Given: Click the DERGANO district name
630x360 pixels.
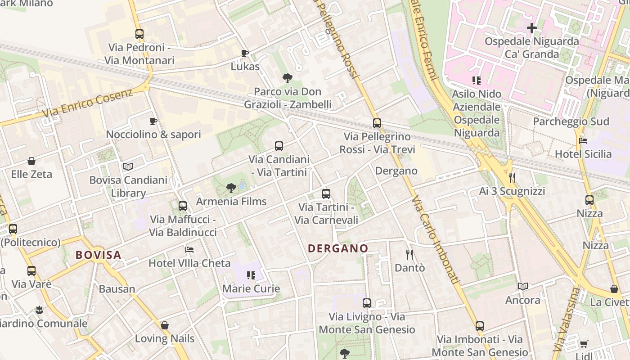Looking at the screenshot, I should click(x=338, y=248).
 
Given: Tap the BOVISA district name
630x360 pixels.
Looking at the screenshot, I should click(x=99, y=255).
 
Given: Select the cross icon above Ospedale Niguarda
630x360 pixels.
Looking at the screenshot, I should click(x=532, y=28).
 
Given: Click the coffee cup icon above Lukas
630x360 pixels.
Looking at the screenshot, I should click(x=245, y=54).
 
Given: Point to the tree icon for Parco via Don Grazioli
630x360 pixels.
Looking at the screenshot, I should click(x=288, y=78).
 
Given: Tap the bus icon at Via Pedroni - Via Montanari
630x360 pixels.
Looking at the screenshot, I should click(x=139, y=34).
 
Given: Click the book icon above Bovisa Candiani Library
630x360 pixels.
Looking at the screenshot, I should click(x=128, y=166).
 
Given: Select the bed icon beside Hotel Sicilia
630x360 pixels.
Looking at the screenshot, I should click(x=583, y=141).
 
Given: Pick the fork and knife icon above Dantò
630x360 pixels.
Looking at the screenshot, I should click(x=409, y=255).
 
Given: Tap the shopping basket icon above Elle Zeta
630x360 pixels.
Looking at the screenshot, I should click(x=31, y=161).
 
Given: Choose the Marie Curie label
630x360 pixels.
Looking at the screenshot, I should click(x=251, y=289).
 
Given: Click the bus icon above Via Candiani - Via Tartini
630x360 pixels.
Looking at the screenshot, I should click(x=279, y=146).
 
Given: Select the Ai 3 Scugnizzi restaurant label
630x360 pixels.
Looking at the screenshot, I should click(x=512, y=191).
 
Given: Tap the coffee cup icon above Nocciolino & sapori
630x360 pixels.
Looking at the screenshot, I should click(x=153, y=121).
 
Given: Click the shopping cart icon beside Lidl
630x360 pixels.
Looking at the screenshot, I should click(x=584, y=344).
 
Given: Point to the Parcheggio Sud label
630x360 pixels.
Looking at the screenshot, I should click(x=571, y=121).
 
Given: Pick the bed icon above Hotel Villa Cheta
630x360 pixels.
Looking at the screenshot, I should click(x=189, y=250).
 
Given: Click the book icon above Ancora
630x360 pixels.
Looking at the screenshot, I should click(x=523, y=286).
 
